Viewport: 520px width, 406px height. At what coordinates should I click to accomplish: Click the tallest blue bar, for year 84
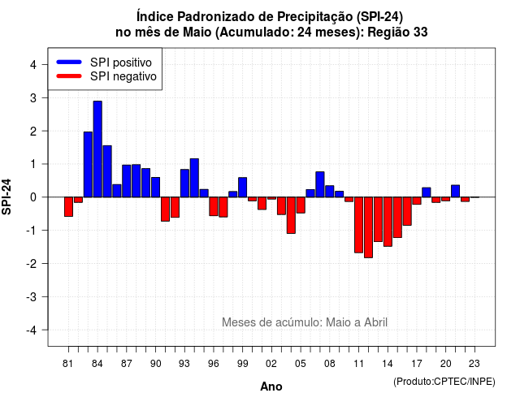[x=97, y=149]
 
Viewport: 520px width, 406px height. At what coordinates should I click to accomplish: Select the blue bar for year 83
[x=88, y=164]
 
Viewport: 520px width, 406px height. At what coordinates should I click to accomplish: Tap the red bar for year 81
[x=68, y=207]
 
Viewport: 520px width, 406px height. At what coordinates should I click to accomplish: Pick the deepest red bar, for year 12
[x=368, y=227]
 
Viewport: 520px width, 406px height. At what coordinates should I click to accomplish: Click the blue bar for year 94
[x=194, y=178]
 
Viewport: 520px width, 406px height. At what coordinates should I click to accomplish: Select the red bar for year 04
[x=291, y=215]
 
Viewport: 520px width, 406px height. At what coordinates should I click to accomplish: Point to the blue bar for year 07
[x=320, y=184]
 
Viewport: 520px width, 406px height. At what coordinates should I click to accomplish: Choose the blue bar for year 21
[x=455, y=192]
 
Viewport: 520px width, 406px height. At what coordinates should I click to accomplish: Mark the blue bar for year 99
[x=242, y=188]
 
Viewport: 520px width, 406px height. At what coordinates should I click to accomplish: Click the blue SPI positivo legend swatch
[x=69, y=62]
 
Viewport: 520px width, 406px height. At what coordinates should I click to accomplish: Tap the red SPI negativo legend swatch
[x=69, y=76]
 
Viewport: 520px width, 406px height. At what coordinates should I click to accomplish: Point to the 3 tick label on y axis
[x=33, y=98]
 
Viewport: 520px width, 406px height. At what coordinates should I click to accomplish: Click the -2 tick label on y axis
[x=31, y=264]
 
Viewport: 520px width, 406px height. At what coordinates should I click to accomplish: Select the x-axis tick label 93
[x=184, y=364]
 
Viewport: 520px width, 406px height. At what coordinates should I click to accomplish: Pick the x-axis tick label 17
[x=417, y=364]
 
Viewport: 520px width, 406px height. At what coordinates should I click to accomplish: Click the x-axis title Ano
[x=271, y=387]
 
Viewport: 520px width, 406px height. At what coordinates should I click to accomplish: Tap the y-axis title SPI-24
[x=6, y=197]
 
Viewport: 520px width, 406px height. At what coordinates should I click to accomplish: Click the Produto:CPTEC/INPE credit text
[x=444, y=382]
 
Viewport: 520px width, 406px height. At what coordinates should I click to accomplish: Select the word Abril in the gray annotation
[x=375, y=322]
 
